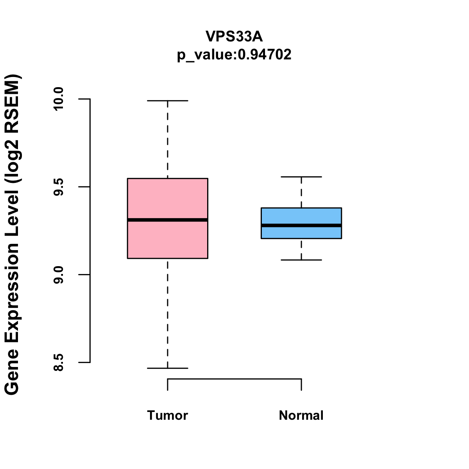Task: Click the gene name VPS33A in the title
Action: tap(234, 36)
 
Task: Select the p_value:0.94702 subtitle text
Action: tap(234, 55)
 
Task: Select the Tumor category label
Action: tap(168, 415)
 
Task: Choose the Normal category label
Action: tap(301, 415)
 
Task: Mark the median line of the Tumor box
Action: tap(168, 220)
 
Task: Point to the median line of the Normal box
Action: tap(301, 226)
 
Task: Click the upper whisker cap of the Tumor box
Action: tap(168, 100)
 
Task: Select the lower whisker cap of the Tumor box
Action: tap(168, 368)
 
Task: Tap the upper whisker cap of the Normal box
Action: tap(301, 177)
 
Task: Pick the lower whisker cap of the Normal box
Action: tap(301, 260)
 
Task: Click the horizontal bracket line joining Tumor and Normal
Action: tap(234, 379)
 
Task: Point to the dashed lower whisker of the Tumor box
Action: tap(168, 313)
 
